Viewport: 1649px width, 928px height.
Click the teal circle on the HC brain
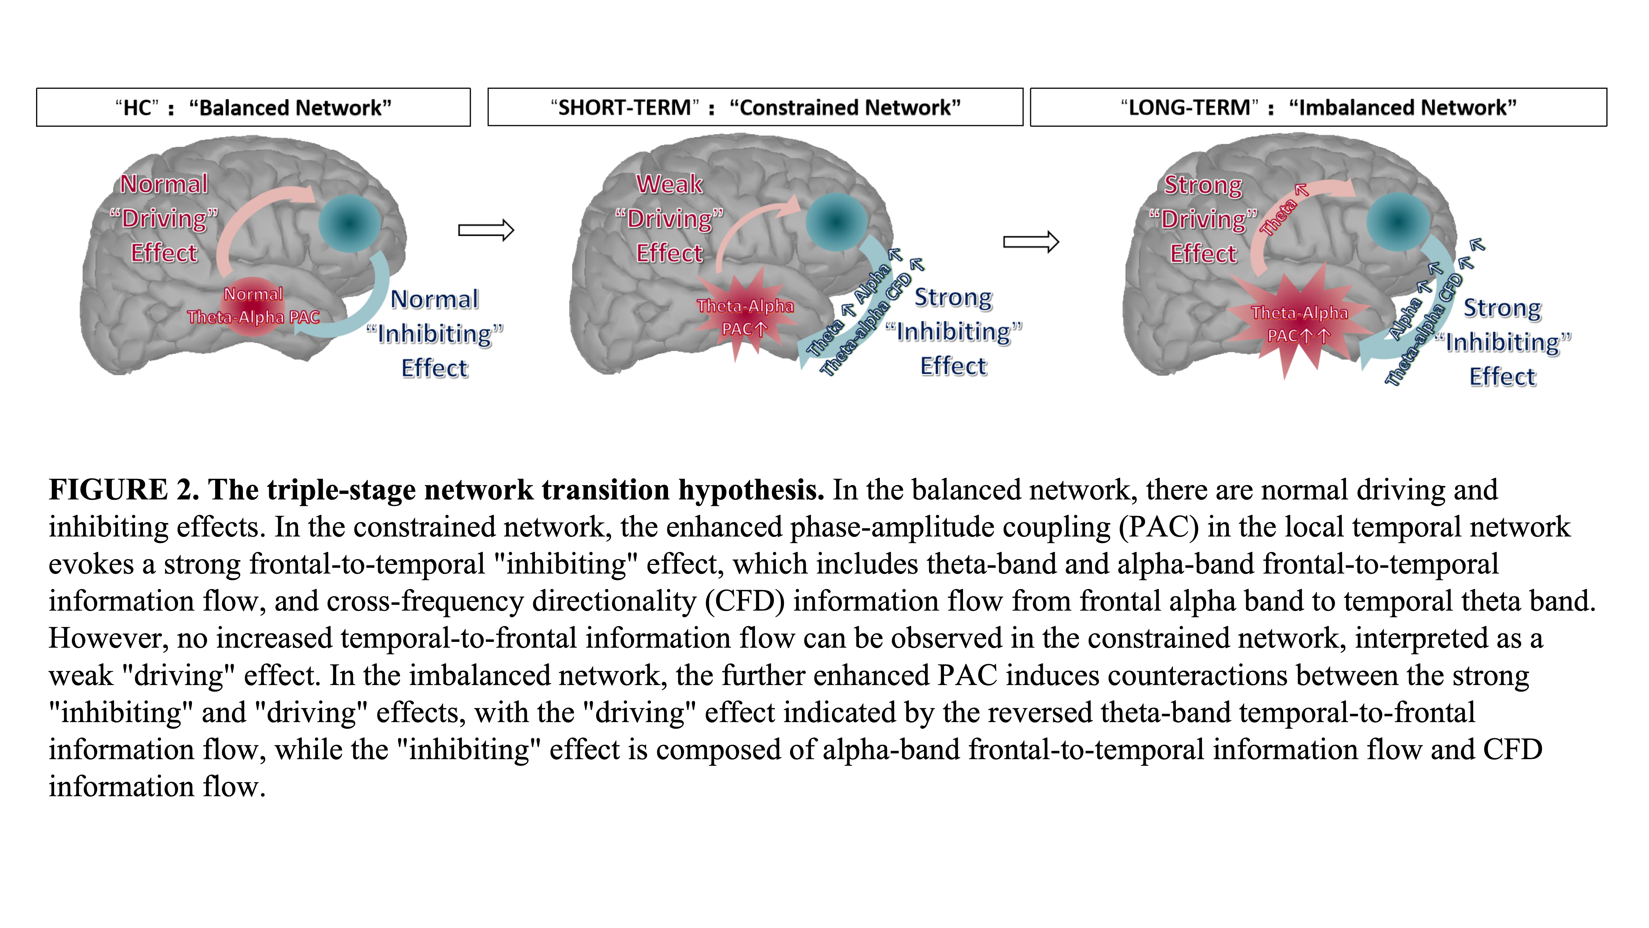(349, 224)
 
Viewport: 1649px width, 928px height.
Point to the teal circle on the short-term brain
(836, 222)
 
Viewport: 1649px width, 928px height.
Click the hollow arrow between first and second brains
(486, 230)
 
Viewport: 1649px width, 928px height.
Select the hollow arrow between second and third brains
(1031, 242)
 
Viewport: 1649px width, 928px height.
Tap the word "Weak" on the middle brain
(670, 184)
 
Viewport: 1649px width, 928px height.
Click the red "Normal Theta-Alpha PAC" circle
(253, 306)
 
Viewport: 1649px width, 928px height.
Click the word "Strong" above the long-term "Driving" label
(1203, 185)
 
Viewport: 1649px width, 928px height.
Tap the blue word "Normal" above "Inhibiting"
(435, 299)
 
